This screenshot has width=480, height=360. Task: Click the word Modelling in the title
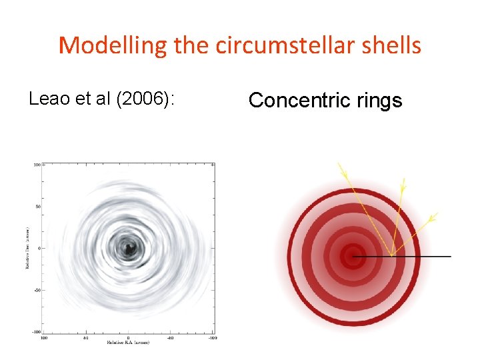(x=113, y=45)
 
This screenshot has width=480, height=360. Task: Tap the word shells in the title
(x=393, y=45)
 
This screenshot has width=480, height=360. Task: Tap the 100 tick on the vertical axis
(x=37, y=164)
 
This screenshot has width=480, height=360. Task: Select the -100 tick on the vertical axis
(x=36, y=332)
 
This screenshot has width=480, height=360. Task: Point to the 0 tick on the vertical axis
(x=39, y=248)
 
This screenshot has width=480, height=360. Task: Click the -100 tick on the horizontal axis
(x=212, y=338)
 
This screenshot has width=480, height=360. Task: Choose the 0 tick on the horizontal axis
(x=127, y=338)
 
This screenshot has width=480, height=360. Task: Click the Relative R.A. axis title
(x=128, y=343)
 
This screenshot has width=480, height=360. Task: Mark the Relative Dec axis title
(x=27, y=247)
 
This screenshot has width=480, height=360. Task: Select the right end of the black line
(x=451, y=256)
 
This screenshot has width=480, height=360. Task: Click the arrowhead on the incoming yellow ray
(x=345, y=173)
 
